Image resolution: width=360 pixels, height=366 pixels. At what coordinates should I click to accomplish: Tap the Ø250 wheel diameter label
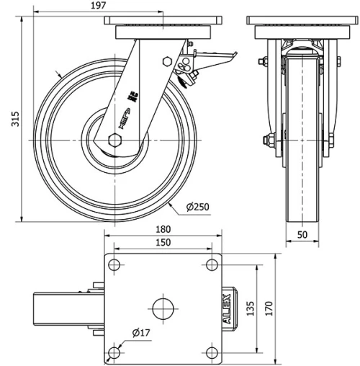(197, 207)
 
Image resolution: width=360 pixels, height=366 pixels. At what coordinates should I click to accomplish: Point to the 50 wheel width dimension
(302, 234)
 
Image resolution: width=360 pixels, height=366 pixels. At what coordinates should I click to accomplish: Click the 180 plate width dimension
(163, 231)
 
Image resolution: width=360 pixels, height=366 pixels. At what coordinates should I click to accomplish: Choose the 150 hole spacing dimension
(163, 243)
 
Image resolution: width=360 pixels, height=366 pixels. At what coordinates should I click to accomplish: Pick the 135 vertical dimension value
(251, 308)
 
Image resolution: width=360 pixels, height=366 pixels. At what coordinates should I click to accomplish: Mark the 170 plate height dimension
(269, 308)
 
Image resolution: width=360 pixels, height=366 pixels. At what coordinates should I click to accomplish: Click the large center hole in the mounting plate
(163, 308)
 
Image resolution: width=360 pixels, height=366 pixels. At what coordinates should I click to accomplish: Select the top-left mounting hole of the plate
(114, 265)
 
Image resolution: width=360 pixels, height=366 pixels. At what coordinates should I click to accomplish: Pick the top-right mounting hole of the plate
(212, 265)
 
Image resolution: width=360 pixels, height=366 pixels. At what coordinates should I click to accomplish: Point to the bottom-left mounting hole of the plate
(114, 352)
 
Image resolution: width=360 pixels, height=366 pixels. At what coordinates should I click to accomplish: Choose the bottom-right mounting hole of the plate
(212, 352)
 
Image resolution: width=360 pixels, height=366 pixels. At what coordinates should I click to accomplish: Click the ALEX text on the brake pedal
(228, 308)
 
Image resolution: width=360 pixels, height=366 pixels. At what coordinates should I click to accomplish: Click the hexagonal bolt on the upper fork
(167, 63)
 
